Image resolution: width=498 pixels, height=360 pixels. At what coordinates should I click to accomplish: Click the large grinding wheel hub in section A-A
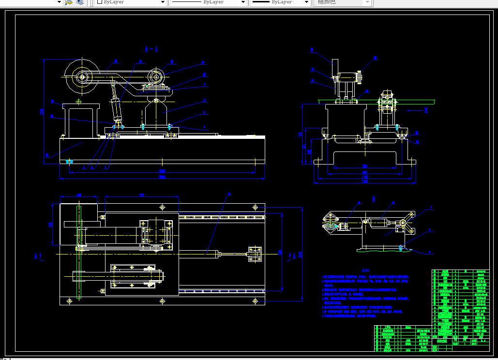(82, 76)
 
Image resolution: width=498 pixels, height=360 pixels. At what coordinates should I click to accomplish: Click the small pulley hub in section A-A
(156, 76)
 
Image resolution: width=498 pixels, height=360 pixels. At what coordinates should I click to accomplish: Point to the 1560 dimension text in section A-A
(162, 171)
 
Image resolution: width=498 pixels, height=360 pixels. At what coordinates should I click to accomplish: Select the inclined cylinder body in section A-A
(117, 110)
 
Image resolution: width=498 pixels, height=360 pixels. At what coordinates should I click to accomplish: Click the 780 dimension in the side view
(365, 166)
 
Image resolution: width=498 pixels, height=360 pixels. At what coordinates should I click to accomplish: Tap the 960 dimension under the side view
(365, 172)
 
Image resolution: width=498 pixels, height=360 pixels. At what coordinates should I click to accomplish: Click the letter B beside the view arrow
(426, 110)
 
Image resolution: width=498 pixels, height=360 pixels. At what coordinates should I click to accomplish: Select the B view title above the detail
(374, 199)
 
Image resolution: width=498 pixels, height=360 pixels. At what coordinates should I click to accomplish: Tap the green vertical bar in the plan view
(78, 252)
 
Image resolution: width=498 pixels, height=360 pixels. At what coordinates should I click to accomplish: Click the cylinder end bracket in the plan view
(254, 253)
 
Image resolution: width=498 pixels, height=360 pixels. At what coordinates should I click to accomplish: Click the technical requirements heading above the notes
(366, 270)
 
